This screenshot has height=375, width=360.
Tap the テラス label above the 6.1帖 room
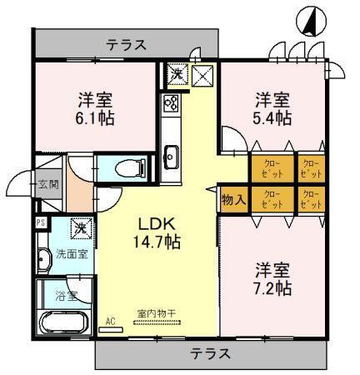tap(127, 44)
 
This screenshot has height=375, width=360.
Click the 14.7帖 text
tap(155, 242)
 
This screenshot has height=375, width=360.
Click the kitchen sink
tap(172, 154)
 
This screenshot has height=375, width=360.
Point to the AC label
tap(110, 319)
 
